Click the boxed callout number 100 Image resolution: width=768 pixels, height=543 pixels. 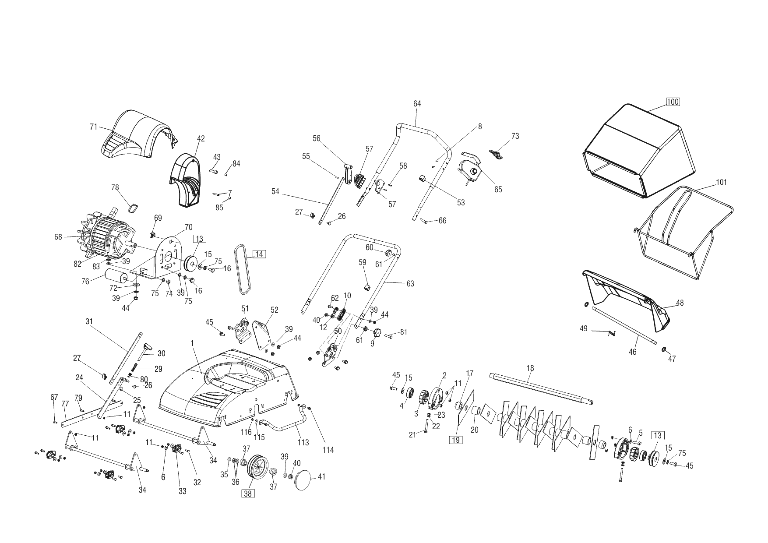click(x=673, y=102)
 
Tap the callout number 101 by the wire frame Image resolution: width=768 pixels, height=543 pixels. click(x=721, y=182)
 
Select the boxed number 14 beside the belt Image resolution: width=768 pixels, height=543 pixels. click(x=259, y=254)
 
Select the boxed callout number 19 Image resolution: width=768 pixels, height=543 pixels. click(x=456, y=440)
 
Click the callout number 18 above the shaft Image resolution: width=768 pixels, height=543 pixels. click(x=530, y=368)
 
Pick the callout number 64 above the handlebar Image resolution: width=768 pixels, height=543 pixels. click(x=417, y=104)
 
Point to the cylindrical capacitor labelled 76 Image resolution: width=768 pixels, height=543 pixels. click(x=116, y=277)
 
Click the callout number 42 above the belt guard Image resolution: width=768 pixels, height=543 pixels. click(x=201, y=139)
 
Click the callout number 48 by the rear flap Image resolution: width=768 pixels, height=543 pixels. click(x=680, y=303)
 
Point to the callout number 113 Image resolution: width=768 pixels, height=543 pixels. click(x=303, y=442)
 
